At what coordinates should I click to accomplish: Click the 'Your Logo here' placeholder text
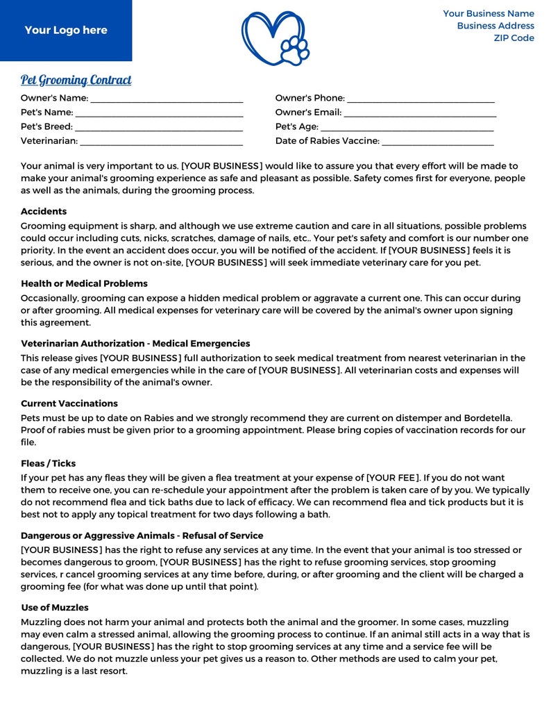[x=66, y=31]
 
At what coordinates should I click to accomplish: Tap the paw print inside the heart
[x=295, y=50]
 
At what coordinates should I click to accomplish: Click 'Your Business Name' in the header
[x=489, y=14]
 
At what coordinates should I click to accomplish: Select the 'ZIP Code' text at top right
[x=514, y=38]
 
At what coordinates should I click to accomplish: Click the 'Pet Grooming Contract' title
[x=76, y=80]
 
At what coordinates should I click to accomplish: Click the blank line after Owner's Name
[x=167, y=99]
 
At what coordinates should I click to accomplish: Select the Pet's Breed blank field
[x=159, y=128]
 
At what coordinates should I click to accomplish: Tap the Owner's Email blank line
[x=420, y=113]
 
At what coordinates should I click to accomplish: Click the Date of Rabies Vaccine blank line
[x=438, y=142]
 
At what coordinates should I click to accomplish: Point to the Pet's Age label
[x=296, y=127]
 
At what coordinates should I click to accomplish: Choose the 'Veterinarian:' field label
[x=49, y=142]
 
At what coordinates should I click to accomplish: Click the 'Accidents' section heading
[x=44, y=212]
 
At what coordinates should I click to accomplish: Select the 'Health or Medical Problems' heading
[x=84, y=284]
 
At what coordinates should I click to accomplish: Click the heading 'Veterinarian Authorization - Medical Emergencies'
[x=135, y=344]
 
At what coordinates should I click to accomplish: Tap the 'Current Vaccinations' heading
[x=69, y=404]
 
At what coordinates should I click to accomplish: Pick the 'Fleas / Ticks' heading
[x=48, y=464]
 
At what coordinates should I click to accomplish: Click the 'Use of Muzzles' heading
[x=55, y=608]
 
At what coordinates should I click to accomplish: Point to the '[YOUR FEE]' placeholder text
[x=393, y=479]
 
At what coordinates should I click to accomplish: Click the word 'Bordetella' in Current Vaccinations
[x=487, y=418]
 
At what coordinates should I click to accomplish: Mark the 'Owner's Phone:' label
[x=310, y=99]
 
